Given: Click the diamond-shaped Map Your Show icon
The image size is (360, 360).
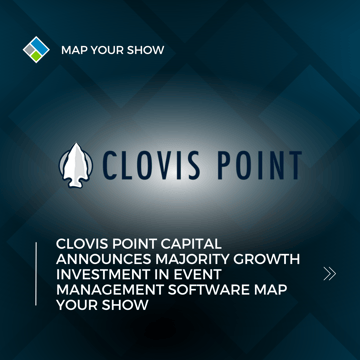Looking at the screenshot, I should point(36,48).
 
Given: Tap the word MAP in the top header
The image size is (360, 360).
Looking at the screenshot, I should point(74,49).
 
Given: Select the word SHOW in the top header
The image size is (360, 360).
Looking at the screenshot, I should point(145,49).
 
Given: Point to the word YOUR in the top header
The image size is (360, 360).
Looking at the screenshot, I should point(108,49).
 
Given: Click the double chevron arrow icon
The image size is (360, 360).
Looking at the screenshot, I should point(329,273).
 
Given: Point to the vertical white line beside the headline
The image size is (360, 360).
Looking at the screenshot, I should point(37,273).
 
